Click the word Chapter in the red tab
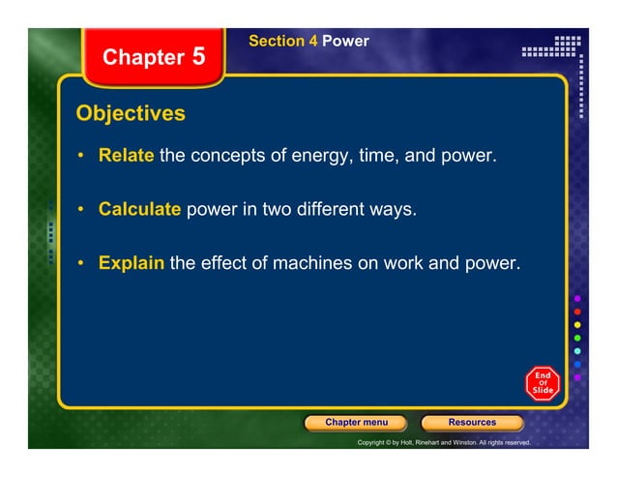click(x=143, y=58)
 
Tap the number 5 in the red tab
click(x=198, y=56)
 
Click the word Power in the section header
click(x=345, y=42)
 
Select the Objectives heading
click(x=131, y=114)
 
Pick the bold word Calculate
click(x=139, y=208)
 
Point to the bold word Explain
click(x=131, y=261)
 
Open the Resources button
click(x=472, y=423)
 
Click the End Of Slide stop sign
click(x=543, y=382)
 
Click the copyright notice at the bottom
click(x=444, y=442)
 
